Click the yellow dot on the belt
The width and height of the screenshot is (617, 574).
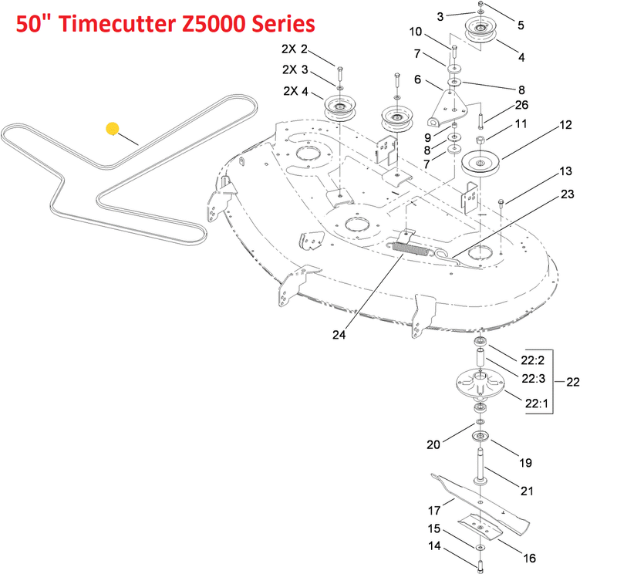click(x=113, y=129)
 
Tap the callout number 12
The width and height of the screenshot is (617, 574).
click(x=565, y=125)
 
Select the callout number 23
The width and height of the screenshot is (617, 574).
click(x=567, y=194)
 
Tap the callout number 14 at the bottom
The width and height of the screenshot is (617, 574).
click(x=434, y=545)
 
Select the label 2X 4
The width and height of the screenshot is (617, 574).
click(x=296, y=91)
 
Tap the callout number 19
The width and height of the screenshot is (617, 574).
click(x=525, y=463)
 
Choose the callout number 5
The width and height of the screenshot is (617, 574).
click(x=521, y=25)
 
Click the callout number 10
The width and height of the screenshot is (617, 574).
click(x=415, y=32)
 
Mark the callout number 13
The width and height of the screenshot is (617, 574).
click(x=566, y=171)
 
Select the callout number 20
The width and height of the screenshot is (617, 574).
click(x=433, y=445)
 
